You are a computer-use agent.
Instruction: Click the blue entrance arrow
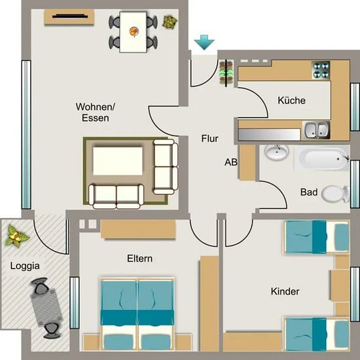click(x=204, y=43)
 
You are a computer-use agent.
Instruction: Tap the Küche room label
click(x=291, y=100)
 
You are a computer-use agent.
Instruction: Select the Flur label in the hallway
click(x=210, y=139)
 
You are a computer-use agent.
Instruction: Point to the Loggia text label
click(x=25, y=266)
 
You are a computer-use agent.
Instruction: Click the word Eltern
click(x=140, y=259)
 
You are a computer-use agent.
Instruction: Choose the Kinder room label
click(x=285, y=291)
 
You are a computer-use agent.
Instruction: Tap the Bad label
click(x=309, y=192)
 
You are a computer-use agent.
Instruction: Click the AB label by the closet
click(x=231, y=162)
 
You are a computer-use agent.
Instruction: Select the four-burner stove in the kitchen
click(x=321, y=70)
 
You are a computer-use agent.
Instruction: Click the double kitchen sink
click(x=316, y=130)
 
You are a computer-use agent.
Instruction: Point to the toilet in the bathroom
click(x=335, y=194)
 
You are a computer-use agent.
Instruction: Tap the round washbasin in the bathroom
click(x=276, y=152)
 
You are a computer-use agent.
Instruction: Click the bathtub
click(x=322, y=159)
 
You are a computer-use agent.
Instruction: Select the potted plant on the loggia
click(x=16, y=236)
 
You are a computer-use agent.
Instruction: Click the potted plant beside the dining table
click(x=170, y=22)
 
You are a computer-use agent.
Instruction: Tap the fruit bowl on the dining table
click(x=134, y=31)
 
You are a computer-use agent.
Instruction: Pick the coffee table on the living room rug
click(x=118, y=161)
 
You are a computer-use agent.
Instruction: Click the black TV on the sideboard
click(x=70, y=16)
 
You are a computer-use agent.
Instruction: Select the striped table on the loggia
click(x=46, y=308)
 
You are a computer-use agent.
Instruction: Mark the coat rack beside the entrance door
click(x=226, y=73)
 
